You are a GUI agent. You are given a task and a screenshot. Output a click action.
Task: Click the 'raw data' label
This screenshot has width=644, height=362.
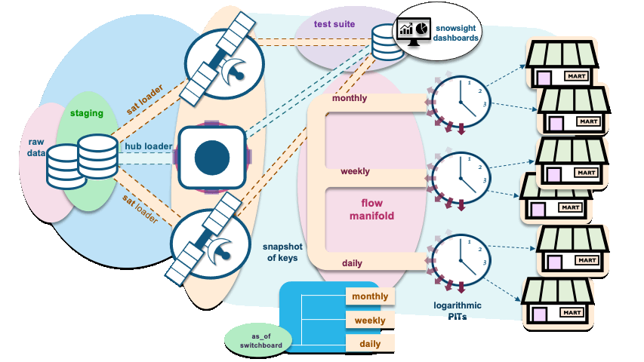click(x=36, y=147)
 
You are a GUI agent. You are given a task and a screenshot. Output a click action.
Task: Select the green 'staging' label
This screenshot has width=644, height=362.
click(x=87, y=113)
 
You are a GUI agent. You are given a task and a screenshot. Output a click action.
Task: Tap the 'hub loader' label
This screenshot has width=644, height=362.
click(x=149, y=146)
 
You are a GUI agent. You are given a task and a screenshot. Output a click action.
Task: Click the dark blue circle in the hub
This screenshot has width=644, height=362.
click(x=211, y=157)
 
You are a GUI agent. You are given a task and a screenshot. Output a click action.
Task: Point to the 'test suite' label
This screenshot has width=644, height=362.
click(x=334, y=24)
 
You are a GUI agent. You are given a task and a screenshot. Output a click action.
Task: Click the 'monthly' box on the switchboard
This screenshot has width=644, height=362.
click(x=370, y=296)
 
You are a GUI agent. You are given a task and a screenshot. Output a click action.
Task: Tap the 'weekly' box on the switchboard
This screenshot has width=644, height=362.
click(x=370, y=321)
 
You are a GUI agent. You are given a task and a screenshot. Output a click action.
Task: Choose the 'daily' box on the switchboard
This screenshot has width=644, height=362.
click(x=370, y=344)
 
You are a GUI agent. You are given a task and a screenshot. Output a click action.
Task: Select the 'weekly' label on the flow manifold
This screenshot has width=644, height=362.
click(x=355, y=171)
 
